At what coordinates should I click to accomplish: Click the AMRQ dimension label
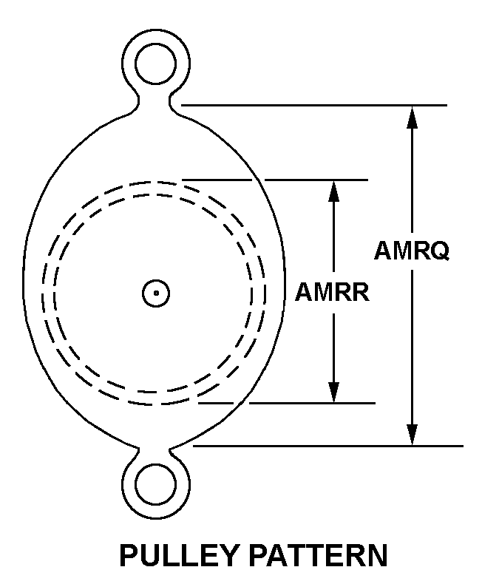tap(412, 251)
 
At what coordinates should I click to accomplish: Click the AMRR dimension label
tap(332, 292)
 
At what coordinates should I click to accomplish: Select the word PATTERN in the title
tap(318, 555)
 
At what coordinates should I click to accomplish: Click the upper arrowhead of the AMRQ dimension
tap(412, 117)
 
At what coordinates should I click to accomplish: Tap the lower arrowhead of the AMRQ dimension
tap(412, 434)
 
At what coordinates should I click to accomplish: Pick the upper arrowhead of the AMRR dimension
tap(333, 191)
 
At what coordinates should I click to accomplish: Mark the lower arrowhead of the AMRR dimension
tap(333, 392)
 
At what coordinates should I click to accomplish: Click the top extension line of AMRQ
tap(314, 106)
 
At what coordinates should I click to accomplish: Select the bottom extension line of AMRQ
tap(327, 446)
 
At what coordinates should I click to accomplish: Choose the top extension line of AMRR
tap(275, 180)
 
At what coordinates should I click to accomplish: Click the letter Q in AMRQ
tap(441, 251)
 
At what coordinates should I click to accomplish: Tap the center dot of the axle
tap(156, 293)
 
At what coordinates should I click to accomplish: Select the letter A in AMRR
tap(303, 292)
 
